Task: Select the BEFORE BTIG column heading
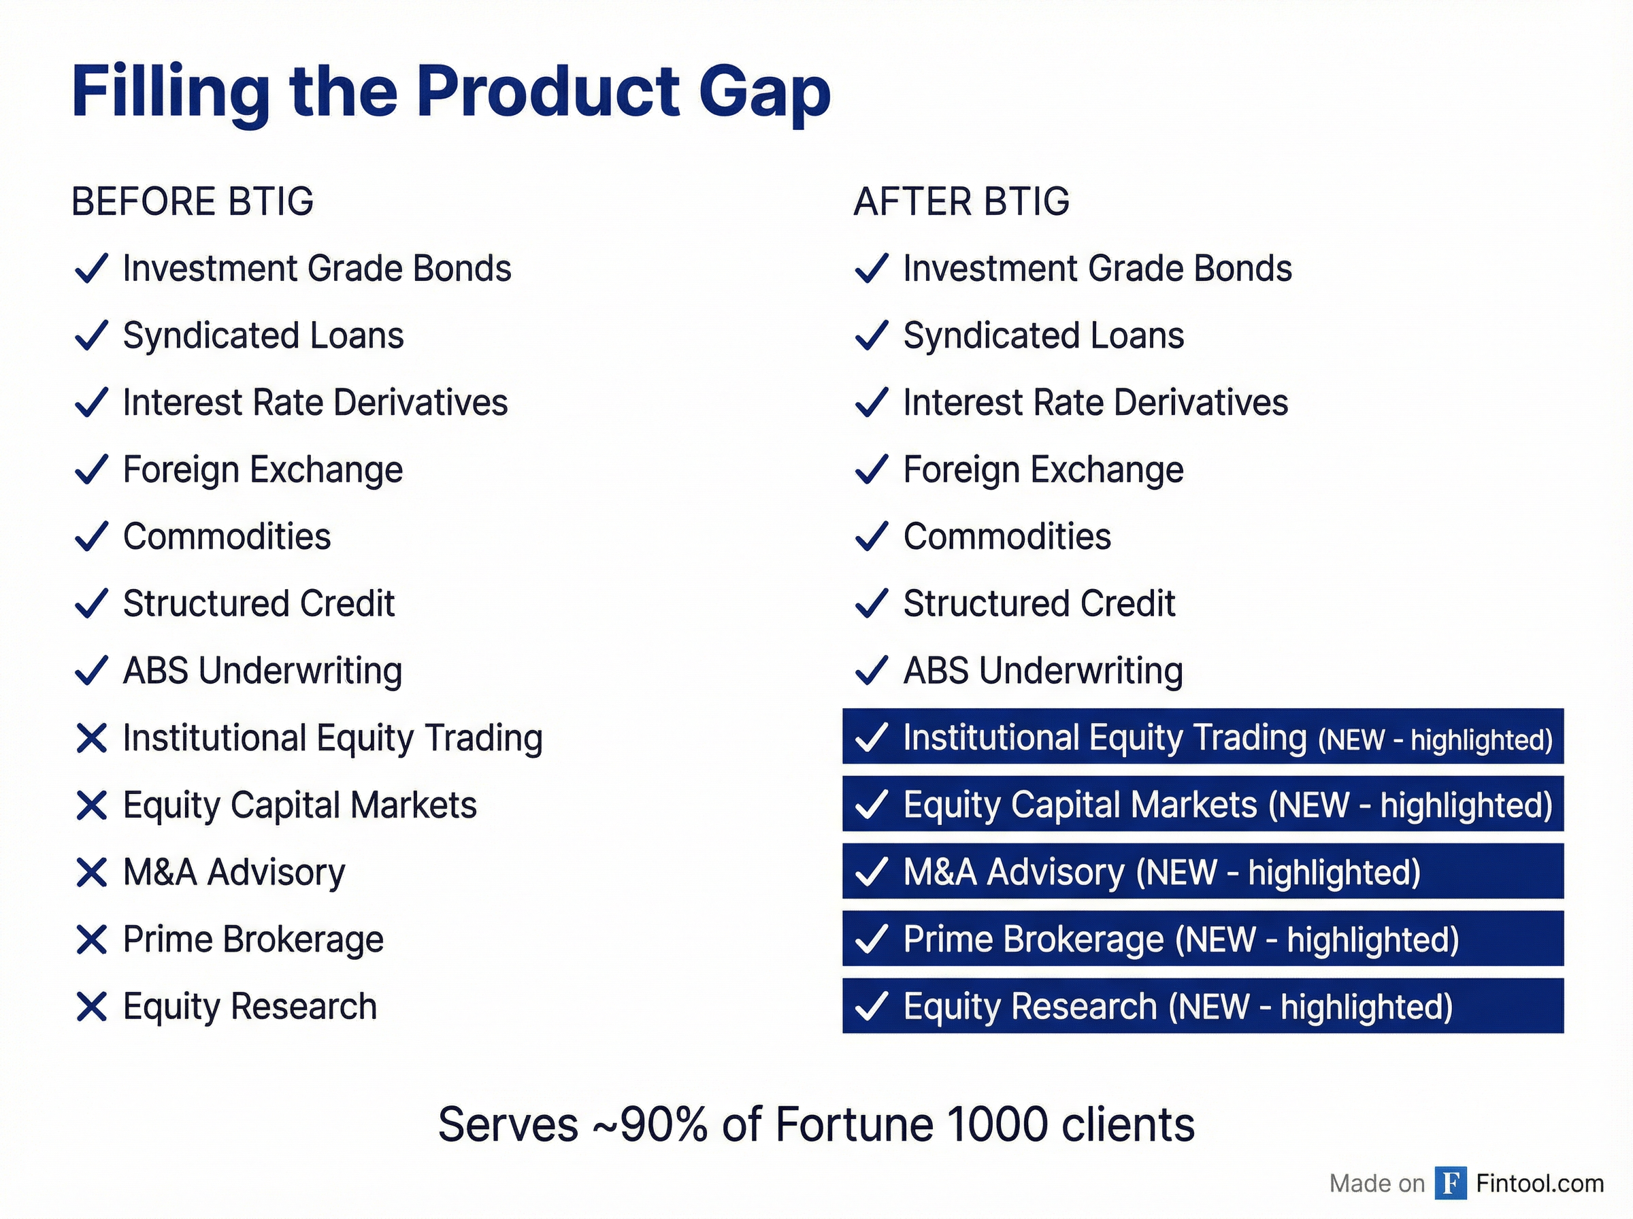click(193, 201)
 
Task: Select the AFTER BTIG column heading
click(961, 201)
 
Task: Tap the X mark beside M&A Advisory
click(91, 872)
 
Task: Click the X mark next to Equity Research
click(91, 1007)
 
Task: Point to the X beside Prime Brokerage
click(91, 939)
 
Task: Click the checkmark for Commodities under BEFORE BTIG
click(91, 537)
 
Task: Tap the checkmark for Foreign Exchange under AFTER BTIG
click(871, 469)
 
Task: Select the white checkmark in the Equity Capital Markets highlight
click(871, 804)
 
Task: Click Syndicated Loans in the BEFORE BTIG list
click(263, 336)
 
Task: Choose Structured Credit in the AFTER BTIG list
click(1038, 603)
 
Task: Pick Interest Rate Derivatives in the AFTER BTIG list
click(1095, 403)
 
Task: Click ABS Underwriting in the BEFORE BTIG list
click(262, 671)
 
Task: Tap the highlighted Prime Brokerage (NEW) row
click(1202, 939)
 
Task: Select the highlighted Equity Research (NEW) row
click(1202, 1006)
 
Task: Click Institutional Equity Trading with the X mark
click(332, 738)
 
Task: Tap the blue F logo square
click(1450, 1183)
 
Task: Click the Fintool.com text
click(1539, 1183)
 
